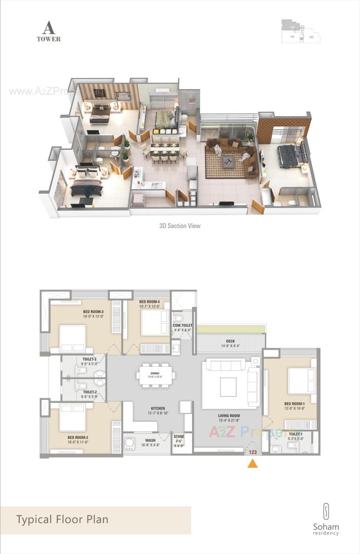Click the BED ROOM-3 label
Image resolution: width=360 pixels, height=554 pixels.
[93, 311]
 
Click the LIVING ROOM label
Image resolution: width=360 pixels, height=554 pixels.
[228, 415]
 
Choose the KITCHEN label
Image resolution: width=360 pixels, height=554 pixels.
[157, 408]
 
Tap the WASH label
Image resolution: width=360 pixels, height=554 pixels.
[150, 440]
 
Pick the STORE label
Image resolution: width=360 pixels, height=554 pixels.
[179, 436]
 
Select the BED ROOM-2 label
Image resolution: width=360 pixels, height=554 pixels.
[78, 437]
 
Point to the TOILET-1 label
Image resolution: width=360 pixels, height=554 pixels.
[296, 434]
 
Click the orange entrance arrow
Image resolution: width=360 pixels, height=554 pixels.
[252, 463]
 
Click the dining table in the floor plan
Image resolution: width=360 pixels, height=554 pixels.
[156, 376]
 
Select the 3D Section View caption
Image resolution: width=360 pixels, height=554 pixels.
[179, 226]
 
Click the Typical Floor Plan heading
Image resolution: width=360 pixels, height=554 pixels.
[62, 520]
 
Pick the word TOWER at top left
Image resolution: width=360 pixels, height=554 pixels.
[49, 39]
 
